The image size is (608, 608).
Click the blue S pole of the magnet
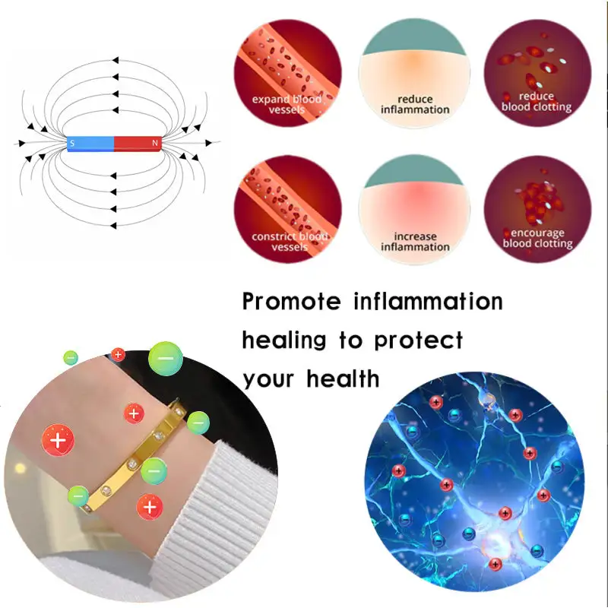pyautogui.click(x=90, y=143)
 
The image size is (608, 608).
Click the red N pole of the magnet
pyautogui.click(x=138, y=143)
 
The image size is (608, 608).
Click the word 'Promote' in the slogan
pyautogui.click(x=293, y=302)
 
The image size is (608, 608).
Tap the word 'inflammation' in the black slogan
pyautogui.click(x=428, y=301)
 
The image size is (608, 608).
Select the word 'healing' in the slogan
pyautogui.click(x=284, y=340)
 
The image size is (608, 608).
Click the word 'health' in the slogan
pyautogui.click(x=345, y=378)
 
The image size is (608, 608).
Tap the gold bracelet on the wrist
pyautogui.click(x=144, y=456)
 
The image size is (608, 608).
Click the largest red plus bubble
pyautogui.click(x=57, y=441)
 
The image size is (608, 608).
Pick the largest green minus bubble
pyautogui.click(x=165, y=356)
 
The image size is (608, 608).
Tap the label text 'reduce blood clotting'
pyautogui.click(x=537, y=102)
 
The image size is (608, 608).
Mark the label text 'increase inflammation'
pyautogui.click(x=415, y=242)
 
